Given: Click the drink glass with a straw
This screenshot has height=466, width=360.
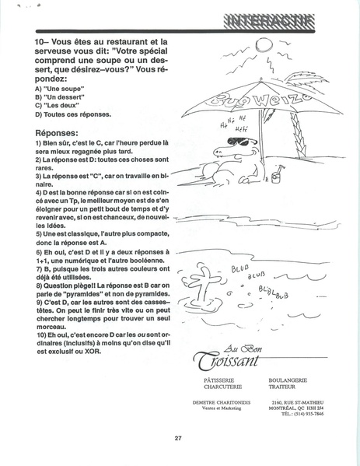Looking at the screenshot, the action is (x=276, y=176).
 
